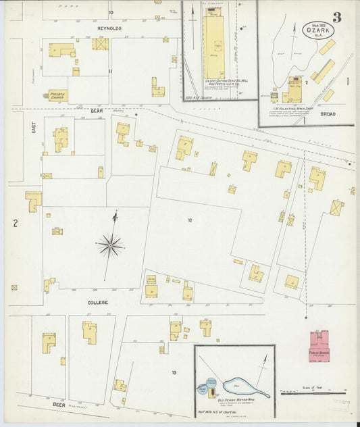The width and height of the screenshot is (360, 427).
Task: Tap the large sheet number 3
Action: (336, 17)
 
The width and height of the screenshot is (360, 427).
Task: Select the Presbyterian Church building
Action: (57, 95)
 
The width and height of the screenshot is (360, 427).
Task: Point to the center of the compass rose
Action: (109, 245)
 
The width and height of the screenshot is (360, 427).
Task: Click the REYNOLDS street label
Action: (109, 29)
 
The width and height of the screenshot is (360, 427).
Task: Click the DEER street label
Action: (58, 404)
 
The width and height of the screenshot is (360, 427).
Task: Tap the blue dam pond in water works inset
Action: (243, 386)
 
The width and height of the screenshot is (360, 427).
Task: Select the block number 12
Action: (190, 220)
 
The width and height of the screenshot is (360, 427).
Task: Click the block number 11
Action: (110, 70)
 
